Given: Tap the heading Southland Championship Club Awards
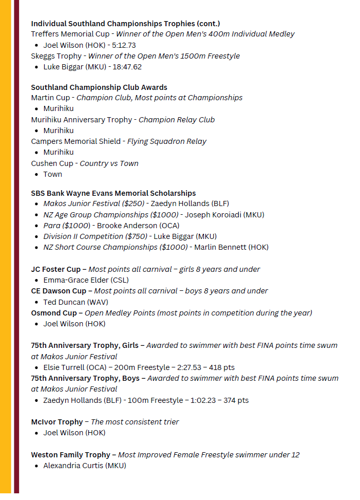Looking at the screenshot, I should [99, 87].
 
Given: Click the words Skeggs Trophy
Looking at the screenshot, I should [56, 56].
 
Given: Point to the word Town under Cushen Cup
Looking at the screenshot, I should [52, 174].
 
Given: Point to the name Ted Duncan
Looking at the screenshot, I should [64, 302].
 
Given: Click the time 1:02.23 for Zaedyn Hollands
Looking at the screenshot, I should [204, 400].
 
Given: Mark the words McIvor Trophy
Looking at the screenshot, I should [56, 422].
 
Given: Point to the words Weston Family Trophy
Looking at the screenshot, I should [70, 455].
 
